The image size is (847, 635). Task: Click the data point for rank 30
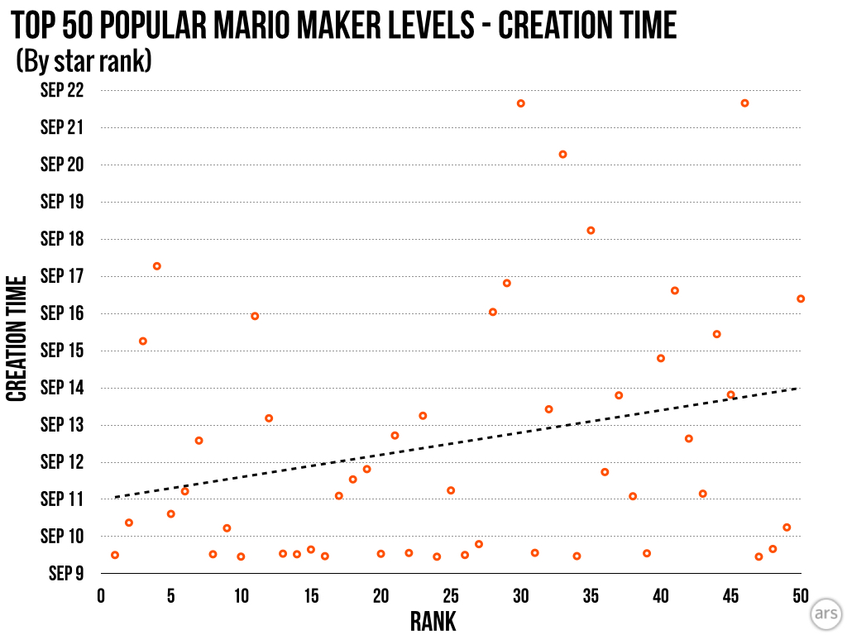click(521, 103)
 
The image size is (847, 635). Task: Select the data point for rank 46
click(744, 103)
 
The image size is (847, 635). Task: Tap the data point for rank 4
click(156, 266)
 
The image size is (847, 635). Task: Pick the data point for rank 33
click(562, 155)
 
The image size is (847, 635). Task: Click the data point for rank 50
click(801, 298)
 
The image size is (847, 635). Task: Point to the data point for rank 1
click(115, 555)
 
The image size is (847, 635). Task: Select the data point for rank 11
click(255, 316)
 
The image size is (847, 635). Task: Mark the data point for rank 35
click(591, 231)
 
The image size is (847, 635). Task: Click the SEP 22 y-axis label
click(62, 90)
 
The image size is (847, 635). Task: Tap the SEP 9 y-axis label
click(65, 574)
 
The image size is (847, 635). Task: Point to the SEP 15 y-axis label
click(62, 351)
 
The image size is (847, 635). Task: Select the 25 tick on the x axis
click(451, 595)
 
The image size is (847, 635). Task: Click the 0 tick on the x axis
click(101, 595)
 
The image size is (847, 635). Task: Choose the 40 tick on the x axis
click(661, 595)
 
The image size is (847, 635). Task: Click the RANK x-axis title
click(433, 621)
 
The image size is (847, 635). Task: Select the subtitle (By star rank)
click(84, 62)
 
